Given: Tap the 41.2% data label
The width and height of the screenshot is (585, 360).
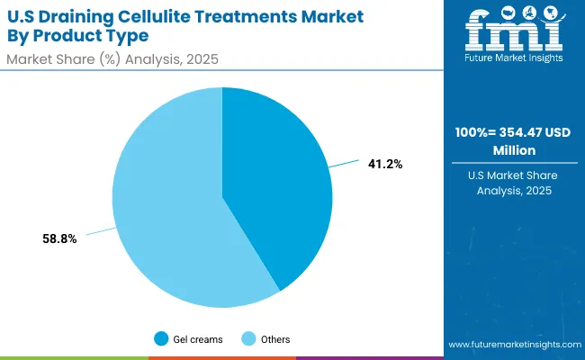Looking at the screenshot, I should coord(384,165).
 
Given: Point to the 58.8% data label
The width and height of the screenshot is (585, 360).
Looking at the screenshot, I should coord(59,238).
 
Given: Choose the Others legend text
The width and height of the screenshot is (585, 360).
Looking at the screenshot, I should coord(274,339).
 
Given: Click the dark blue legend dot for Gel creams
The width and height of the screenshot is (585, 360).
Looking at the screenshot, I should coord(162,339).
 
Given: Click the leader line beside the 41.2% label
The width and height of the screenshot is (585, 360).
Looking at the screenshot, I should coord(346,166).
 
